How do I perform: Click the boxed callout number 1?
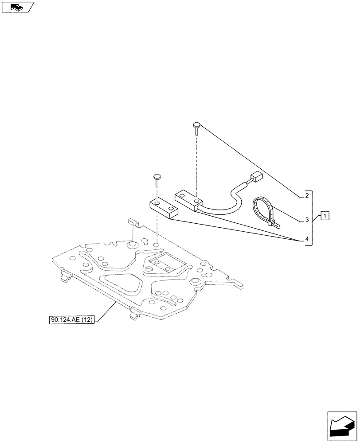coord(325,216)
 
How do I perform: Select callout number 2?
coord(306,195)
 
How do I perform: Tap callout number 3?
coord(306,219)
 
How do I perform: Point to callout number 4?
coord(306,240)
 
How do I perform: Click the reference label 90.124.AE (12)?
coord(71,320)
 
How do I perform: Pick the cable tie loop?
coord(262,208)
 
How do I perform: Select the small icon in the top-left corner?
coord(18,7)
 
